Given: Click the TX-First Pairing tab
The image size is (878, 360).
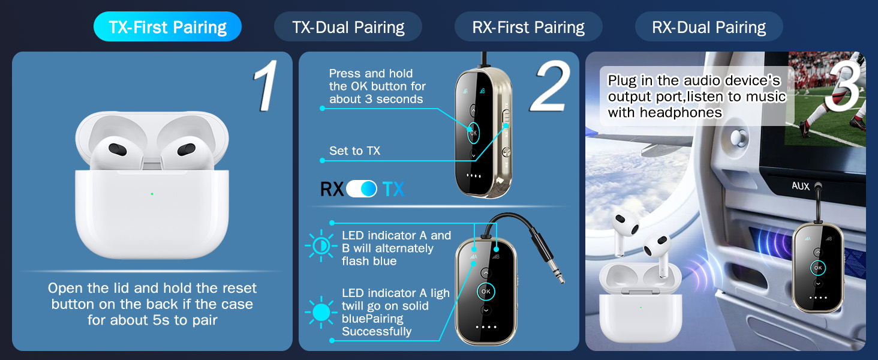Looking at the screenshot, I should (167, 28).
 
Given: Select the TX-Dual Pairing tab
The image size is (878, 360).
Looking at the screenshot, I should (348, 28).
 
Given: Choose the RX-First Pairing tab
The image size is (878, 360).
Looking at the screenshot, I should (528, 28).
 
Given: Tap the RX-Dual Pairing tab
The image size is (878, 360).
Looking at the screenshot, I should (709, 28).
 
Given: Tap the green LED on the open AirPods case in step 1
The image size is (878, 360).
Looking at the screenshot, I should (152, 194).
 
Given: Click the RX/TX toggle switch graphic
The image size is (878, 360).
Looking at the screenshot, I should (362, 189).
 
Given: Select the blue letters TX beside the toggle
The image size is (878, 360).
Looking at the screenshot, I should (393, 190).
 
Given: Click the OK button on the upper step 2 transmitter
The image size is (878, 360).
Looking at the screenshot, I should (473, 133).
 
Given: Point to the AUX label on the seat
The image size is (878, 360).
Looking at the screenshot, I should (800, 186).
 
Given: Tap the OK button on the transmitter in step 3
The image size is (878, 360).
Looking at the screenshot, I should (817, 268).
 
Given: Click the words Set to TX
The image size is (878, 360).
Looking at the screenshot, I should (354, 151).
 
